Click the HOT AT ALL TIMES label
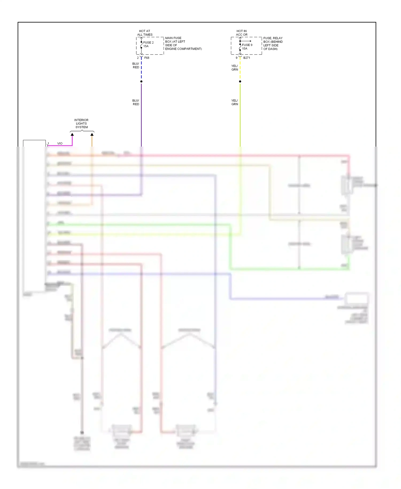tap(145, 33)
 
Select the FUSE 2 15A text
tap(148, 44)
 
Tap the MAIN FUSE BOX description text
tap(183, 43)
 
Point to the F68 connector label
tap(147, 58)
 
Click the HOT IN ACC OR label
tap(242, 33)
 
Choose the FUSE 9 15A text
tap(247, 47)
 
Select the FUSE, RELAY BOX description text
tap(273, 44)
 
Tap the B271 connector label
tap(246, 58)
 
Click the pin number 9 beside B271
tap(236, 58)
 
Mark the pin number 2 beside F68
tap(138, 58)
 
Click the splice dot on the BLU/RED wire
tap(141, 81)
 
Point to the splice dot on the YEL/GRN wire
tap(240, 81)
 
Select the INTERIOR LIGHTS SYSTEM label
tap(81, 124)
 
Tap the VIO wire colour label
tap(60, 144)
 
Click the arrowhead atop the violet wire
tap(72, 135)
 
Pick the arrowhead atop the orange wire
tap(92, 135)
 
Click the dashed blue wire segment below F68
tap(141, 70)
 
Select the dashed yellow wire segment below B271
tap(240, 70)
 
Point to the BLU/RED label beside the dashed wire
tap(136, 66)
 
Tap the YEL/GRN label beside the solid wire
tap(234, 102)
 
